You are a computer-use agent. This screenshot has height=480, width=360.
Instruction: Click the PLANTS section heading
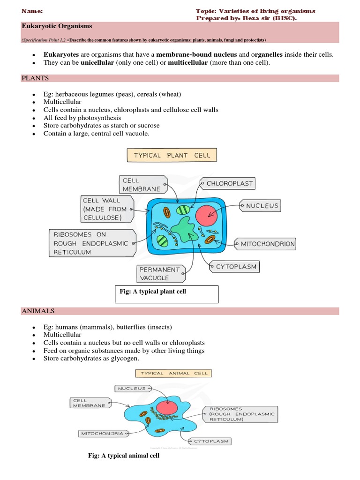click(x=35, y=78)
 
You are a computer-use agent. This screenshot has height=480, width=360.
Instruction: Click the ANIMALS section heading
click(x=38, y=311)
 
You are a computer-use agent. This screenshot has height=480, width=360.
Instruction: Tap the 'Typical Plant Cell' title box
click(x=172, y=155)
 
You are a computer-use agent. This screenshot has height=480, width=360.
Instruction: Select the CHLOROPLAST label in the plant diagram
click(x=230, y=184)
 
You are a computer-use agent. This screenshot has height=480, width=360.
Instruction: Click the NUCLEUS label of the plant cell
click(x=262, y=205)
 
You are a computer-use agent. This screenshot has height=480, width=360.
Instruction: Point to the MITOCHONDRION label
click(x=268, y=244)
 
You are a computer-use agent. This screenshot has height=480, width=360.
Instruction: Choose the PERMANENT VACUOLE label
click(x=159, y=274)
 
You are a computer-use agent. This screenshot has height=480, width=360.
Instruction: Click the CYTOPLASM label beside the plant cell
click(x=236, y=267)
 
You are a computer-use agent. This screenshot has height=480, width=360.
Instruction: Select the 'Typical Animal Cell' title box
click(x=173, y=373)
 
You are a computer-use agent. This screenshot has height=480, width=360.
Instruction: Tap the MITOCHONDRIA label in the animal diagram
click(x=103, y=434)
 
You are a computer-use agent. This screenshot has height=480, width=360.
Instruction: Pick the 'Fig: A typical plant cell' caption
click(x=153, y=292)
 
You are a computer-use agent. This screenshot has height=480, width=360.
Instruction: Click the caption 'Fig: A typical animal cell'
click(x=124, y=456)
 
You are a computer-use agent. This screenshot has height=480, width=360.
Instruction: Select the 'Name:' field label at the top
click(x=32, y=11)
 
